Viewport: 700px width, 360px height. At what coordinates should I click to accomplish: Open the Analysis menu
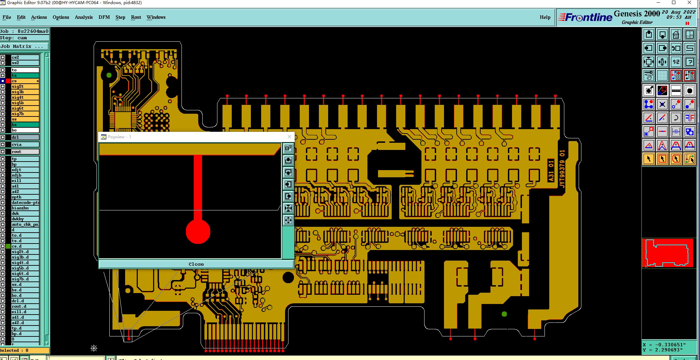(84, 17)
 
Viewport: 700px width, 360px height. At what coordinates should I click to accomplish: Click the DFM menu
(104, 17)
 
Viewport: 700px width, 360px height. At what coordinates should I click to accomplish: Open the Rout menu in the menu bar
(136, 17)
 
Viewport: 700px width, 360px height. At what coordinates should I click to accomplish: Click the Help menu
(545, 17)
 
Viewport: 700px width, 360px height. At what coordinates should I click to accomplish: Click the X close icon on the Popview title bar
(290, 137)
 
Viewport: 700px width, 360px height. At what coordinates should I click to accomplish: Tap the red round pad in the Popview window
(198, 232)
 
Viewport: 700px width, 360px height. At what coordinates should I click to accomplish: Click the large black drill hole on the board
(288, 277)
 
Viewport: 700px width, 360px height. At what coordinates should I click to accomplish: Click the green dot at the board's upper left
(109, 75)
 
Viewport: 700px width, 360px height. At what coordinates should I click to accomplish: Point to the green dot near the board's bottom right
(504, 314)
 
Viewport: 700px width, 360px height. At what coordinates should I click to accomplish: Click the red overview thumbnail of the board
(667, 253)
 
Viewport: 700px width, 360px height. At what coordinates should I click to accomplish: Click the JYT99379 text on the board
(562, 169)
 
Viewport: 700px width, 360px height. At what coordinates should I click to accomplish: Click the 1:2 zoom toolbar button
(676, 62)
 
